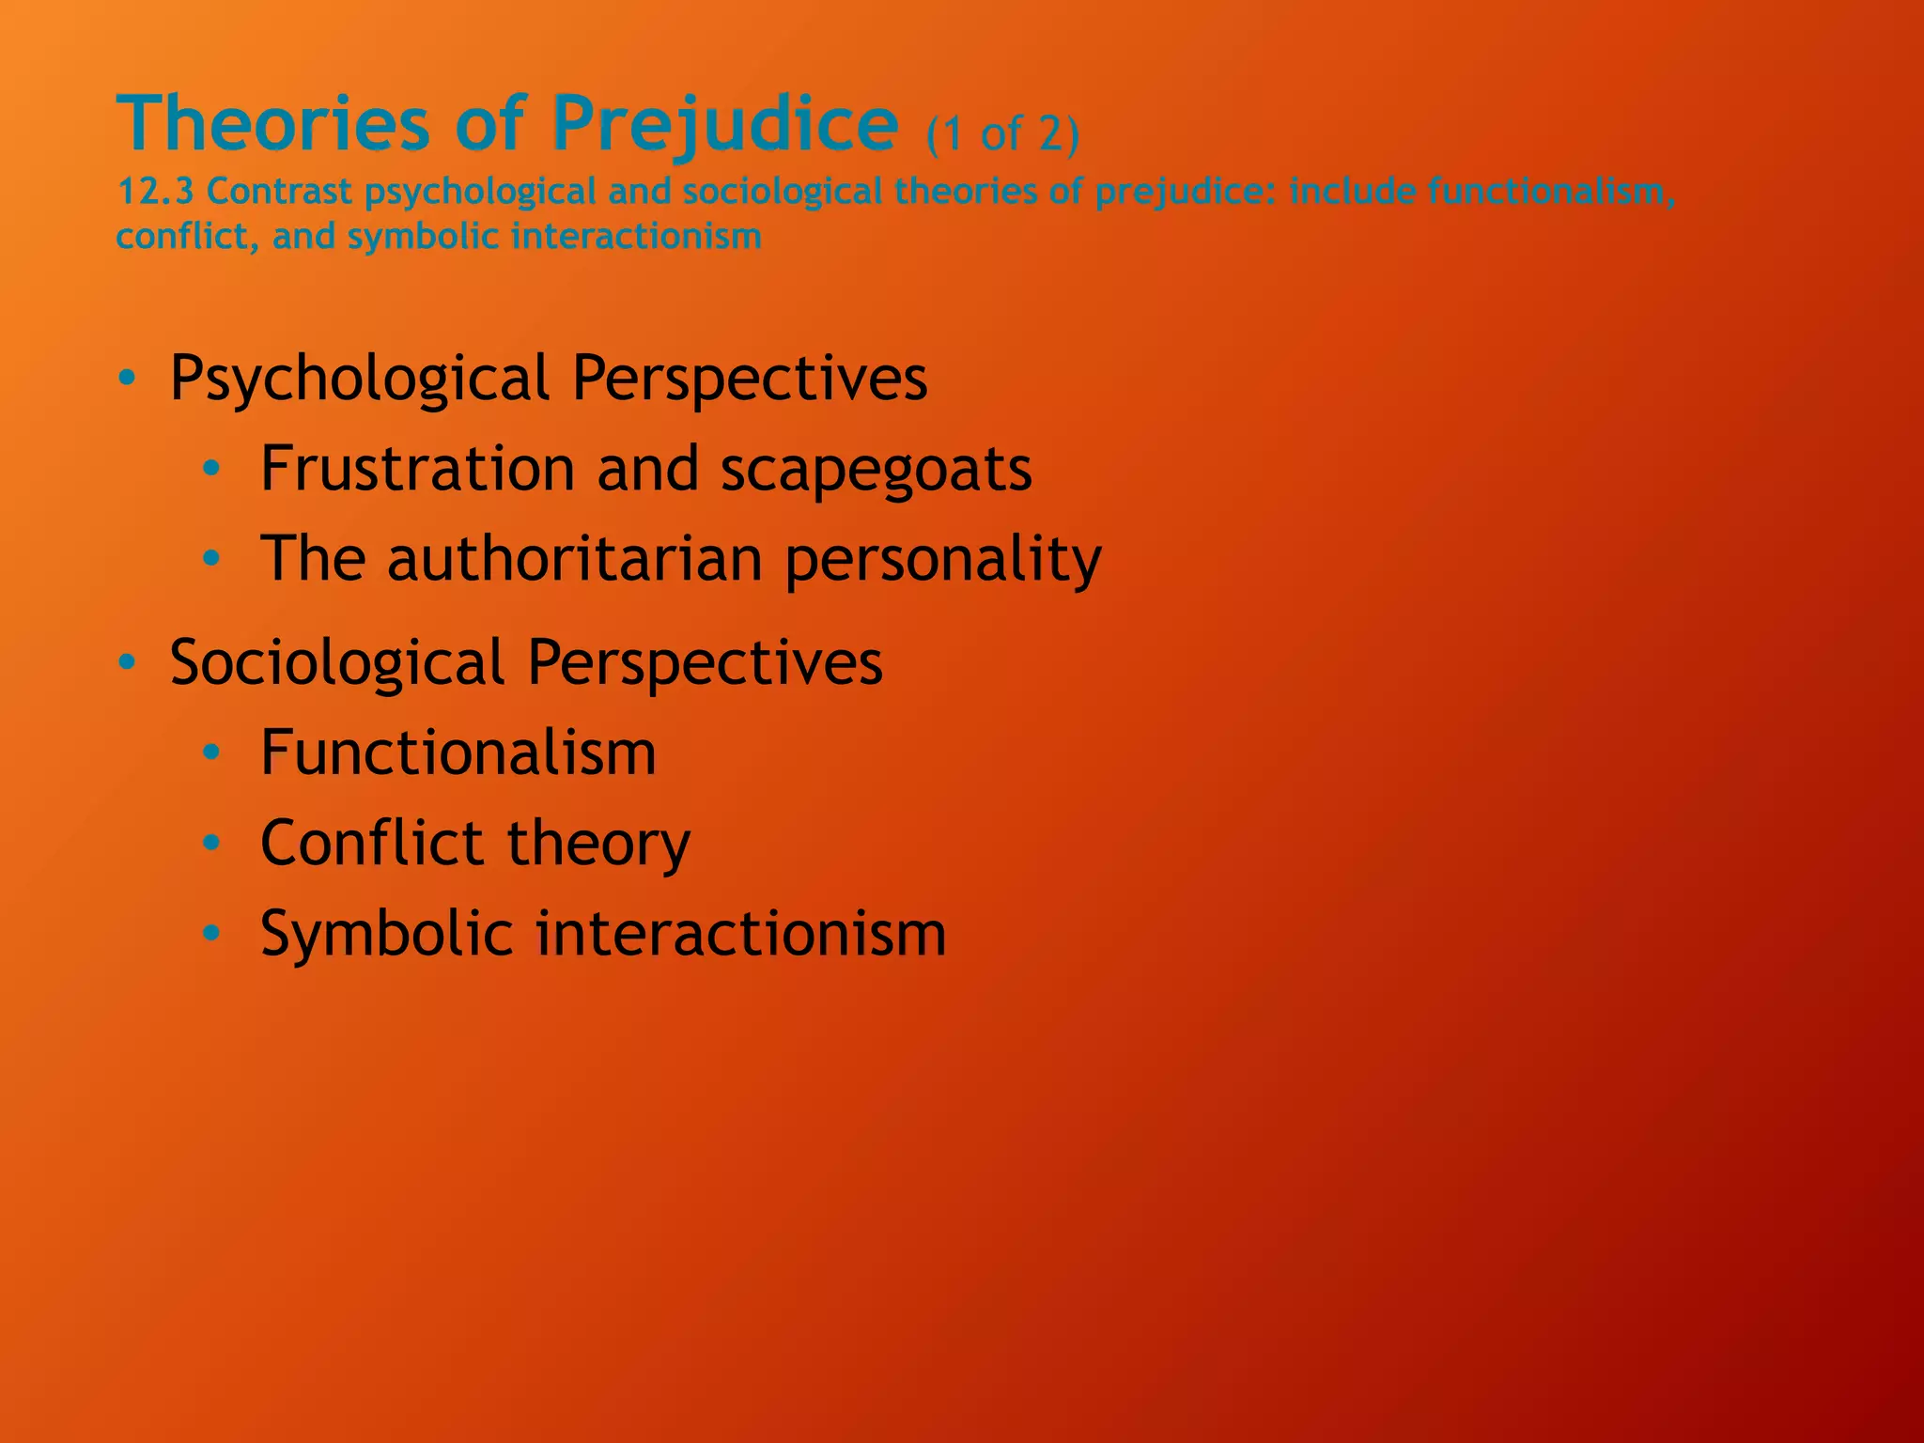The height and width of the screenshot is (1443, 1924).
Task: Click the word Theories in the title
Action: pos(272,124)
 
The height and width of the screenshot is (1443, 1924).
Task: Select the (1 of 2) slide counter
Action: pos(1002,133)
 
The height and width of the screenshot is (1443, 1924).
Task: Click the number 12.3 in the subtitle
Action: pos(155,192)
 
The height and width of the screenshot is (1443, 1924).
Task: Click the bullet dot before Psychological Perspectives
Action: pos(128,379)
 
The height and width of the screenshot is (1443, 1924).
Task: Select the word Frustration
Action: pos(418,468)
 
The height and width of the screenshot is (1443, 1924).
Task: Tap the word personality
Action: pos(942,560)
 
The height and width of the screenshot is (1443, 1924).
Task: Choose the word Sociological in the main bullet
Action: pos(337,662)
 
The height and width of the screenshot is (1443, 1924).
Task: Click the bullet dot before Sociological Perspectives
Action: pos(128,663)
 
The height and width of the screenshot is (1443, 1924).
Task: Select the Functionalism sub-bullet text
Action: pos(458,753)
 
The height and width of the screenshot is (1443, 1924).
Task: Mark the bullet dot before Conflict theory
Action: pos(212,843)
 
